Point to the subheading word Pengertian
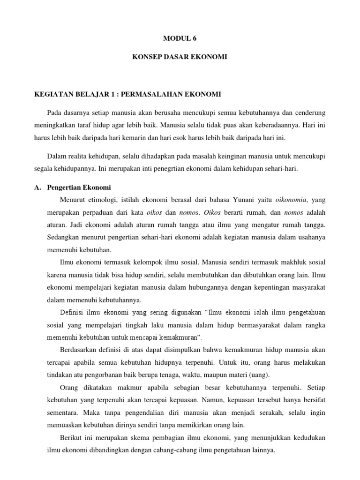(65, 187)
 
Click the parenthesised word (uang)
(258, 375)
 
